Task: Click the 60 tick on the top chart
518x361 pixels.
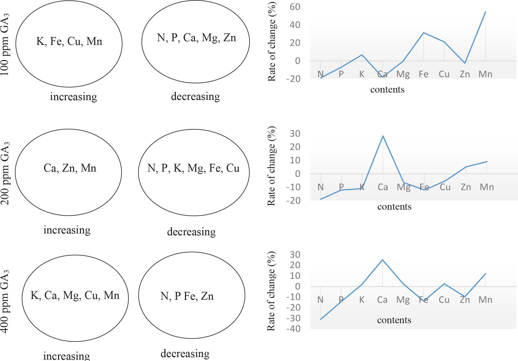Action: [x=295, y=7]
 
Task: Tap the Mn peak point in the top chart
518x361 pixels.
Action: [x=485, y=12]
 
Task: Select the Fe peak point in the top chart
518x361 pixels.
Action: [x=423, y=33]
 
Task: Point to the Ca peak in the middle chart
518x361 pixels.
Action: [x=383, y=136]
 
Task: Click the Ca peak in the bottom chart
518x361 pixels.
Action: [x=382, y=260]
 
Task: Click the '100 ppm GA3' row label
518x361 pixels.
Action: [x=5, y=44]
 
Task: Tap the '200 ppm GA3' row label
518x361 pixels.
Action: [x=5, y=173]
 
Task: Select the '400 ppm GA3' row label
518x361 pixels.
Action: [x=5, y=301]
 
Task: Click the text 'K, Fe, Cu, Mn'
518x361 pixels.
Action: [x=69, y=41]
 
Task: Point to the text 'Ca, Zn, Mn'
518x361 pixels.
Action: [x=70, y=168]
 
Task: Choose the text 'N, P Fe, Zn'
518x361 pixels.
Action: [x=187, y=296]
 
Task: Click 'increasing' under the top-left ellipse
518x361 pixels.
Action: [x=73, y=97]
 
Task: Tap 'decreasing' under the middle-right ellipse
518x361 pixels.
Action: [x=191, y=232]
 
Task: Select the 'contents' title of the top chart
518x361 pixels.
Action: [x=387, y=89]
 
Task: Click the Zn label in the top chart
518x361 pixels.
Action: [x=465, y=74]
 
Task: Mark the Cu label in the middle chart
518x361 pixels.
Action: [x=445, y=187]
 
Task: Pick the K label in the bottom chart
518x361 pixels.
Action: [x=361, y=300]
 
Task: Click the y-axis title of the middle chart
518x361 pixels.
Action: [x=271, y=166]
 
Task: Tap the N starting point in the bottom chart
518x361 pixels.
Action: [x=320, y=319]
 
